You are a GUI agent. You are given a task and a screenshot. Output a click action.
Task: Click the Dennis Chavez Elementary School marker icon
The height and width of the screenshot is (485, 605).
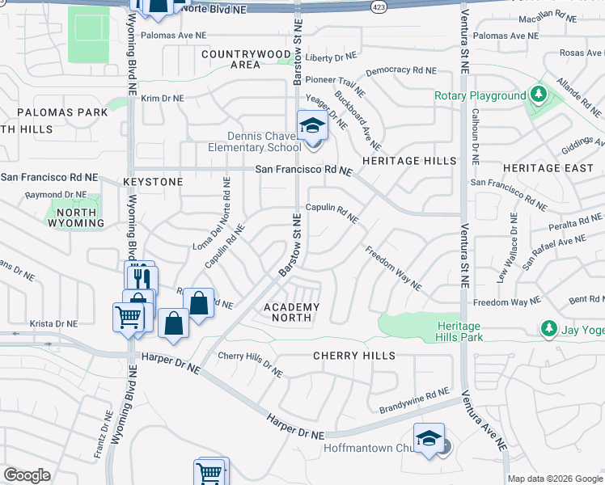311,126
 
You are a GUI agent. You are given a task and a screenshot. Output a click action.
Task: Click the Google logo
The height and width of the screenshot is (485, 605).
27,474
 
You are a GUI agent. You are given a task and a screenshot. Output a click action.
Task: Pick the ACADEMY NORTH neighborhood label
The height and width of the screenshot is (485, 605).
292,312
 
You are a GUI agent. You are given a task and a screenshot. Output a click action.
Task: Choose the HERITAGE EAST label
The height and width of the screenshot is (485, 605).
542,168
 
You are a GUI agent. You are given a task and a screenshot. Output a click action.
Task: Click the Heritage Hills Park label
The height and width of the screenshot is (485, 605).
459,331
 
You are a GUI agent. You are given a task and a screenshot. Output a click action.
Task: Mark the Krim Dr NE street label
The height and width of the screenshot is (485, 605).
163,99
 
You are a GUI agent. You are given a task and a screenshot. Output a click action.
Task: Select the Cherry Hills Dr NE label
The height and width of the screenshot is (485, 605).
250,363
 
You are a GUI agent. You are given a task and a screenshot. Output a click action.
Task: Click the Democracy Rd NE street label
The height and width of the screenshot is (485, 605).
400,71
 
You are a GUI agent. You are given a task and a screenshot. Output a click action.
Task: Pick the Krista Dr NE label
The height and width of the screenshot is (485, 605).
53,323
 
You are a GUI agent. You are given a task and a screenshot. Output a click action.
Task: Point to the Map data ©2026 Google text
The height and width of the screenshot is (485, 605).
556,478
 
